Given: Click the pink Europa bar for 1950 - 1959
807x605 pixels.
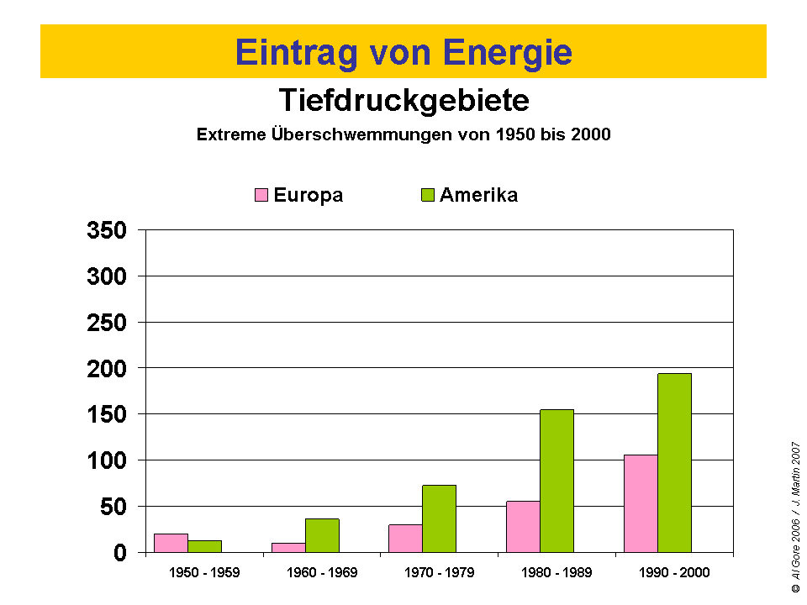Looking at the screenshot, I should [x=171, y=543].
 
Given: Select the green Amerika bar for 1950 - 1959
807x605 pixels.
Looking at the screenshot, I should [x=204, y=546].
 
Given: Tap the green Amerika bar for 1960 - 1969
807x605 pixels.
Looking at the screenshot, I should [x=322, y=535].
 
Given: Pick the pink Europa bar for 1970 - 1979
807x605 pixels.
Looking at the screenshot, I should [x=405, y=539].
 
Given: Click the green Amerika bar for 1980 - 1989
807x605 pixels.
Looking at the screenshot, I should [x=556, y=481].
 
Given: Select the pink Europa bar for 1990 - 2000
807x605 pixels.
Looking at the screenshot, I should [x=641, y=503].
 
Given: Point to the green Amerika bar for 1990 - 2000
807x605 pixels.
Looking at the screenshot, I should [x=674, y=463].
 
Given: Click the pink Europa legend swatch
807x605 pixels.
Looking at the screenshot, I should [x=261, y=196].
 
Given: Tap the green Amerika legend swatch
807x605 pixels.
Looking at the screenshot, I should [x=428, y=196].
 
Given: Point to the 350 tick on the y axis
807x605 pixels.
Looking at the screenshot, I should [x=107, y=230].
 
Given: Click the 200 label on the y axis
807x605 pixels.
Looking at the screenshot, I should [x=107, y=368].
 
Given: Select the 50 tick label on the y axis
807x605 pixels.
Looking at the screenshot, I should [x=113, y=507].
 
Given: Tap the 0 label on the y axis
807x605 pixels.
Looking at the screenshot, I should [x=119, y=553].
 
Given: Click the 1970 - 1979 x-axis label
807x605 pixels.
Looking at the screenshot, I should [x=439, y=573].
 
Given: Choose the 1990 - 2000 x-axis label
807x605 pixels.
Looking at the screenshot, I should [x=674, y=573].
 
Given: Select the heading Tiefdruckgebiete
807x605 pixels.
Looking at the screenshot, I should [x=403, y=101].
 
